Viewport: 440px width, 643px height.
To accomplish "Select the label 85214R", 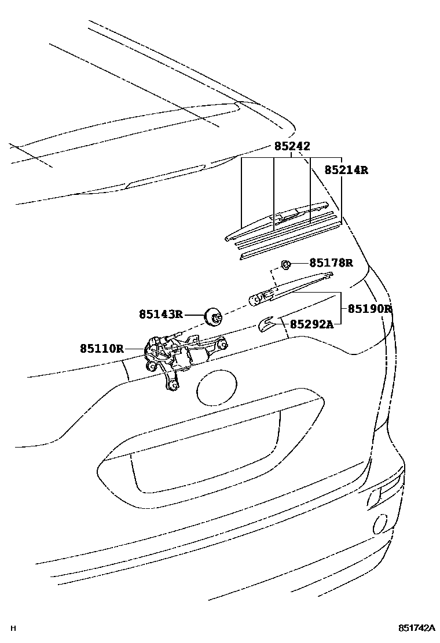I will click(x=346, y=170).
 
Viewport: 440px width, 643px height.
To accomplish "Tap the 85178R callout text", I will click(x=330, y=263).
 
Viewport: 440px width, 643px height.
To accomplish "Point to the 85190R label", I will click(x=369, y=309).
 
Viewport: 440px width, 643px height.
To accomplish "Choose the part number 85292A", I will click(x=311, y=324).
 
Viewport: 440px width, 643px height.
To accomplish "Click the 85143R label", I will click(x=160, y=315).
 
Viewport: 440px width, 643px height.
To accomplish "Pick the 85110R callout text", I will click(x=102, y=349).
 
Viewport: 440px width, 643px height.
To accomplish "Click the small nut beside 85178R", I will click(x=285, y=264).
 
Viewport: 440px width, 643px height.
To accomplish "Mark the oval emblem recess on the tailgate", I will click(x=217, y=389).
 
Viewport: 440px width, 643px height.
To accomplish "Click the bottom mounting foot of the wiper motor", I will click(x=171, y=385).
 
